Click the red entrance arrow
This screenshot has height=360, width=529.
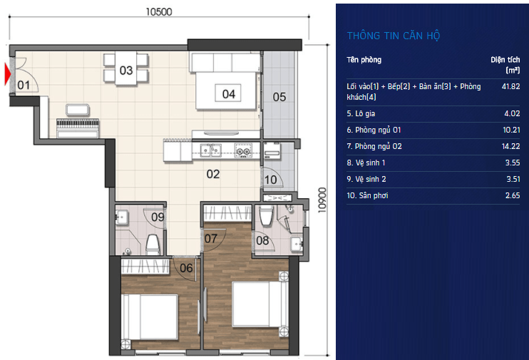coord(7,74)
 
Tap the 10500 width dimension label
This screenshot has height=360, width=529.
coord(159,12)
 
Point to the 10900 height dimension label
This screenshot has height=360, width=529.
coord(322,200)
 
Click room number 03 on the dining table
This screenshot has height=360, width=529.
coord(126,70)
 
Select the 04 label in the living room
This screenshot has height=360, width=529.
coord(228,94)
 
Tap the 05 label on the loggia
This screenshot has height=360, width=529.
coord(279,97)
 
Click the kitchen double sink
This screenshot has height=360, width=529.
coord(210,150)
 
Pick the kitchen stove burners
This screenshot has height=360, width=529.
coord(244,150)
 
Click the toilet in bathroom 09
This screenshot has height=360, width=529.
coord(153,245)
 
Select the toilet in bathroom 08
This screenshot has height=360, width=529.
coord(266,215)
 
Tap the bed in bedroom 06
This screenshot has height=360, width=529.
coord(150,317)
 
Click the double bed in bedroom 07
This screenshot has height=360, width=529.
coord(260,304)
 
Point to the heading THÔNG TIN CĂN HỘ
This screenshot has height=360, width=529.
coord(394,36)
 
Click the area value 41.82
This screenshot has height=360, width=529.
coord(510,86)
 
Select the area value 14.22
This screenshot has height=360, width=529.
coord(510,146)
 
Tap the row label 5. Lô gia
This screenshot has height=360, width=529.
coord(361,113)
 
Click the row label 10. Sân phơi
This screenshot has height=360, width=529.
coord(367,196)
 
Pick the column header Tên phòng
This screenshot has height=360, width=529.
coord(364,60)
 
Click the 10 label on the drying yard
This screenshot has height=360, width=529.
coord(271,180)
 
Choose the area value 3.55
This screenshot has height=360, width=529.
coord(513,163)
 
